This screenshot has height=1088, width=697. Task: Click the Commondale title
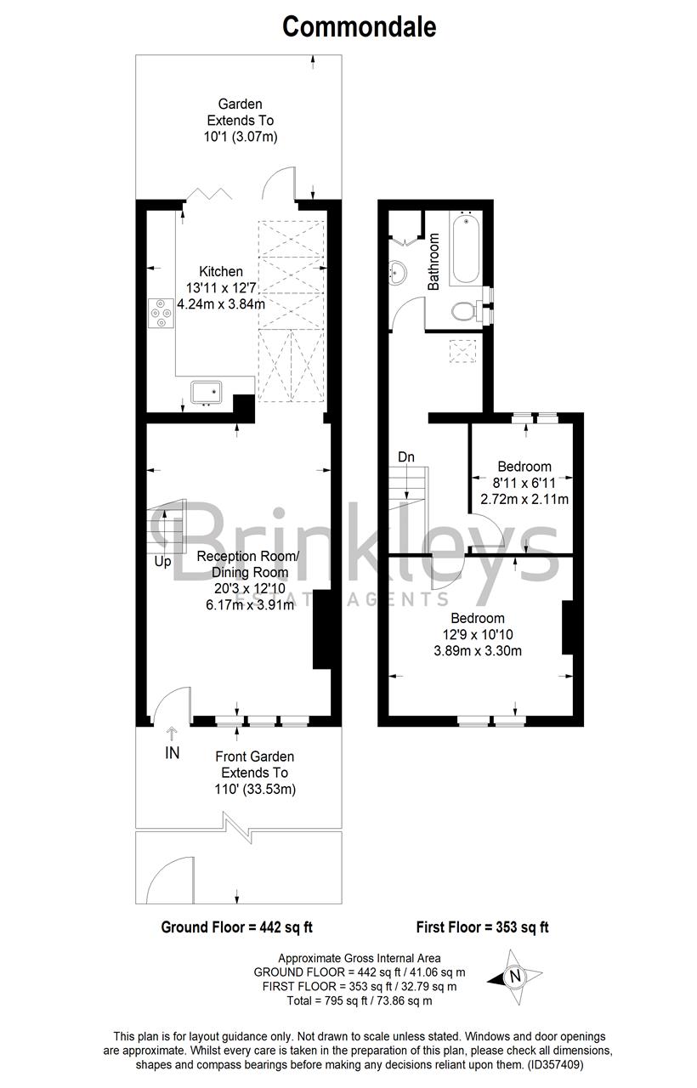pos(359,26)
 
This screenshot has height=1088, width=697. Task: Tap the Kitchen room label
pos(221,272)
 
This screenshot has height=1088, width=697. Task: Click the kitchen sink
pos(207,391)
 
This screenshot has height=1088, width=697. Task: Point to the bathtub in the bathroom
pos(465,248)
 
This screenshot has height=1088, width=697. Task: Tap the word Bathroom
pos(433,263)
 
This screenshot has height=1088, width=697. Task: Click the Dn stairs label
pos(406,457)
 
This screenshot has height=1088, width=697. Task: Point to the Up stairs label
pos(162,562)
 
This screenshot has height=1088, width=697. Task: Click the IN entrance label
pos(173,752)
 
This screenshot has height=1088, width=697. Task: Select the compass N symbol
pos(514,977)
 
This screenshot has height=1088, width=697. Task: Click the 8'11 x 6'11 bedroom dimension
pos(524,483)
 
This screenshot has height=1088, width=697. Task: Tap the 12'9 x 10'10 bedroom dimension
pos(477,634)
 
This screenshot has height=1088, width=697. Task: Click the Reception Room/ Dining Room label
pos(248,564)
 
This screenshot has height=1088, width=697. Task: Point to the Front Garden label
pos(255,756)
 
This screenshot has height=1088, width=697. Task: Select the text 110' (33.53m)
pos(255,790)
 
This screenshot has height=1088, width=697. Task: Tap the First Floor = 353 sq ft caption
pos(482,926)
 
